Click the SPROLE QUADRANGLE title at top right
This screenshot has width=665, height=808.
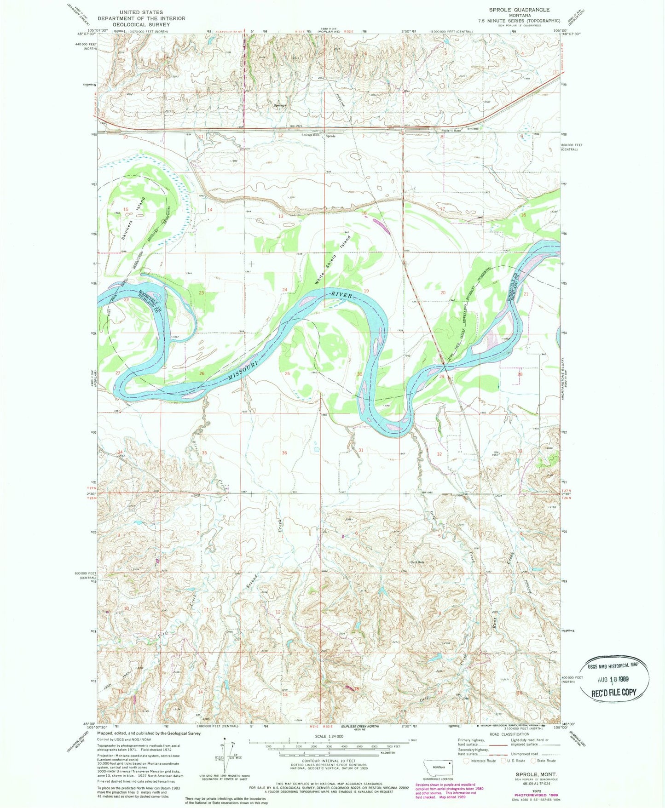[x=519, y=10]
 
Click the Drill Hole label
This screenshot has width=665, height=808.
[x=417, y=562]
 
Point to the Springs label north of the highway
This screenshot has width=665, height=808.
[x=280, y=105]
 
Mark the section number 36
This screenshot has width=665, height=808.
[x=285, y=453]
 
